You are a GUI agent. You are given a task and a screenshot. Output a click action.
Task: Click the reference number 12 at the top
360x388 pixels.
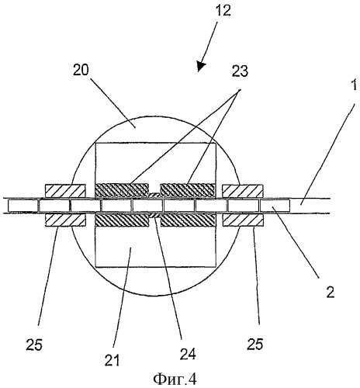tap(223, 11)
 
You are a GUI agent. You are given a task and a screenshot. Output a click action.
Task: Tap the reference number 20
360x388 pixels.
tap(81, 70)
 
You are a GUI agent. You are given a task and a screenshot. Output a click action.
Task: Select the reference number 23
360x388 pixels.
tap(240, 71)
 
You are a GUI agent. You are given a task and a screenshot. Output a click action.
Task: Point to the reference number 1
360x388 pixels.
tap(354, 85)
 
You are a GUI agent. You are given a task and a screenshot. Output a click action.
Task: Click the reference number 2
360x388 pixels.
tap(331, 292)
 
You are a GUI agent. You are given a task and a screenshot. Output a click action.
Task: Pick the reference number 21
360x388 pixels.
tap(112, 360)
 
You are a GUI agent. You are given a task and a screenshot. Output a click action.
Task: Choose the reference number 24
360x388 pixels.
tap(188, 354)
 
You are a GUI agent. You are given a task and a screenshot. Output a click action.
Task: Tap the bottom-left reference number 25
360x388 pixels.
tap(34, 345)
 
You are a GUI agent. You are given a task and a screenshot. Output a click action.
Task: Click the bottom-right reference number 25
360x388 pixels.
tap(255, 344)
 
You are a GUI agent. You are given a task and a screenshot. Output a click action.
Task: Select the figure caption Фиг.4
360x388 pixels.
tap(175, 379)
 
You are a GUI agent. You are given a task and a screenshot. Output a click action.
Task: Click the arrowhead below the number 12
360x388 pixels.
tap(201, 66)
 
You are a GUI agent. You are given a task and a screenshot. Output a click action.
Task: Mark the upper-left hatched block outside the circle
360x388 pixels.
tap(65, 191)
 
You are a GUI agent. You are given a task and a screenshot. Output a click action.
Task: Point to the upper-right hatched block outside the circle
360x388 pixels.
tap(243, 191)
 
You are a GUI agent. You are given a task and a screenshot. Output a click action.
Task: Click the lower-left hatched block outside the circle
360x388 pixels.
tap(65, 220)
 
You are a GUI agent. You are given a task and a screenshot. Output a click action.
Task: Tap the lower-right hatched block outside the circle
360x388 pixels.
tap(243, 220)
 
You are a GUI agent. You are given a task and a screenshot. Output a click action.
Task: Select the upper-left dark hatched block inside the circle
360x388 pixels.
tap(123, 191)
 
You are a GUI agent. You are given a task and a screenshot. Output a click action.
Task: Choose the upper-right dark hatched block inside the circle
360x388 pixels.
tap(188, 191)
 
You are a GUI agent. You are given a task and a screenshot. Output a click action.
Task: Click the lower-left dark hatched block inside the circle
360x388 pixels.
tap(123, 220)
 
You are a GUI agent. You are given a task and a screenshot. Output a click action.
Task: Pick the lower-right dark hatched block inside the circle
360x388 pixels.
tap(188, 220)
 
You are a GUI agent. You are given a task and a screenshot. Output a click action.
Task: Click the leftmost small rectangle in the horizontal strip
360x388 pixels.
tap(23, 206)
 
